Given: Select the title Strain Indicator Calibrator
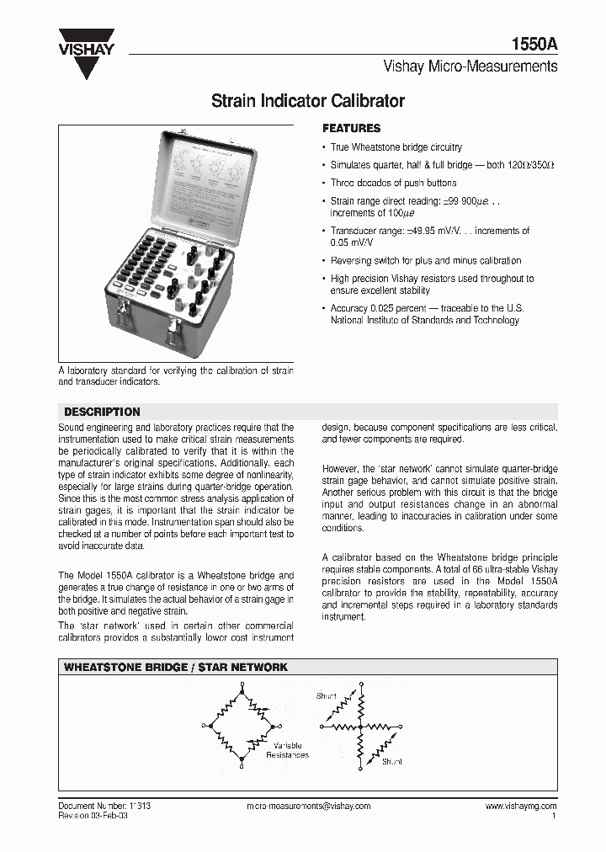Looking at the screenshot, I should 307,102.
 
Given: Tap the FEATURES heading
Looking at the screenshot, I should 352,129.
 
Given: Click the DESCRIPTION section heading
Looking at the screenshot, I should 102,412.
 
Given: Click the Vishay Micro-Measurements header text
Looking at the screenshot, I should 470,67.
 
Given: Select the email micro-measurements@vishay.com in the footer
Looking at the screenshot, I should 308,806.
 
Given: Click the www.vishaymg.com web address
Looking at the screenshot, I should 520,806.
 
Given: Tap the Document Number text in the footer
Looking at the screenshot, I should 104,806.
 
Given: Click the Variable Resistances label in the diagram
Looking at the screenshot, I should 287,751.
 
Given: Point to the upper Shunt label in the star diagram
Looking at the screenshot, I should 326,696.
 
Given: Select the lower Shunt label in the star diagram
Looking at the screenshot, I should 391,761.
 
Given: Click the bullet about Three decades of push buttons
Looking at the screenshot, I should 393,183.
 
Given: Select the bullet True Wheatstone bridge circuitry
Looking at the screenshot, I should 396,147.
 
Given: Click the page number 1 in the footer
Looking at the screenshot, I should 553,816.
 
